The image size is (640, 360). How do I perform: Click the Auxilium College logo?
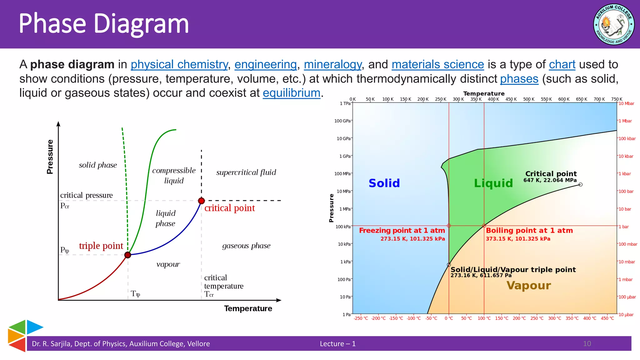614,24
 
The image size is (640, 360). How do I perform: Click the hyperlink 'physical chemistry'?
179,64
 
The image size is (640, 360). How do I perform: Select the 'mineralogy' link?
332,64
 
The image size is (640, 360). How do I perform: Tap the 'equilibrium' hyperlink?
291,93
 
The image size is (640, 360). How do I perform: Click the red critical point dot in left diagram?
202,201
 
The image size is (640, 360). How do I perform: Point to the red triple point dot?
127,255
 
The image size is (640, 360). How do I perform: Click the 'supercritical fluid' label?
246,172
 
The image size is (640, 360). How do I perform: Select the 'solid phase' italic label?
98,165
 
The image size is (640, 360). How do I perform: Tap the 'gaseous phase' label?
246,246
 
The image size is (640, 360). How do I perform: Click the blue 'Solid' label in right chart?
384,183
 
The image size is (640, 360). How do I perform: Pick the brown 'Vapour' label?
528,285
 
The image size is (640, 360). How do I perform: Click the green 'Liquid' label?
493,183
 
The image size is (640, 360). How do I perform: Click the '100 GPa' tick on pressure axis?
342,121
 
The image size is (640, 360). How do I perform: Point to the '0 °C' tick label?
449,318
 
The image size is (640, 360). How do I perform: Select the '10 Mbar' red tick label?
626,104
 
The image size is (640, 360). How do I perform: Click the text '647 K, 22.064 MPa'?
550,180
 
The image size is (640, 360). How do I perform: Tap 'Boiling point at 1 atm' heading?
529,231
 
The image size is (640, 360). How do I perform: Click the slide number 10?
587,344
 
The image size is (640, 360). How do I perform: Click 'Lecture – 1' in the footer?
337,344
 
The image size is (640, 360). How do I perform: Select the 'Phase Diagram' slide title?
104,23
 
